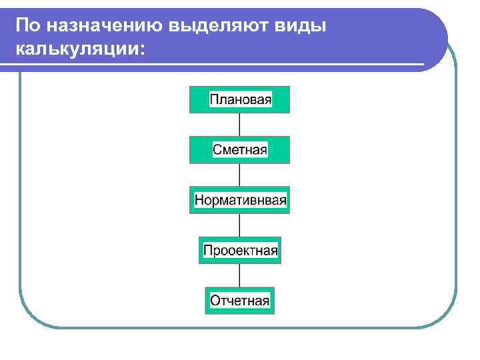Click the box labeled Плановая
tap(240, 100)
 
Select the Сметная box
tap(240, 150)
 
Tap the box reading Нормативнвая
tap(240, 200)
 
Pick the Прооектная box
tap(240, 251)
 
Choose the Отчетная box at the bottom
tap(240, 301)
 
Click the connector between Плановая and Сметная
tap(240, 125)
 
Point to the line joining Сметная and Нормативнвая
tap(240, 175)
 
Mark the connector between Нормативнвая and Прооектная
tap(240, 225)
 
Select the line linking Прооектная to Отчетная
tap(240, 276)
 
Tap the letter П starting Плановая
tap(214, 100)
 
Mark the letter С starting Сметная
tap(217, 150)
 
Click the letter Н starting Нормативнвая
tap(199, 200)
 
